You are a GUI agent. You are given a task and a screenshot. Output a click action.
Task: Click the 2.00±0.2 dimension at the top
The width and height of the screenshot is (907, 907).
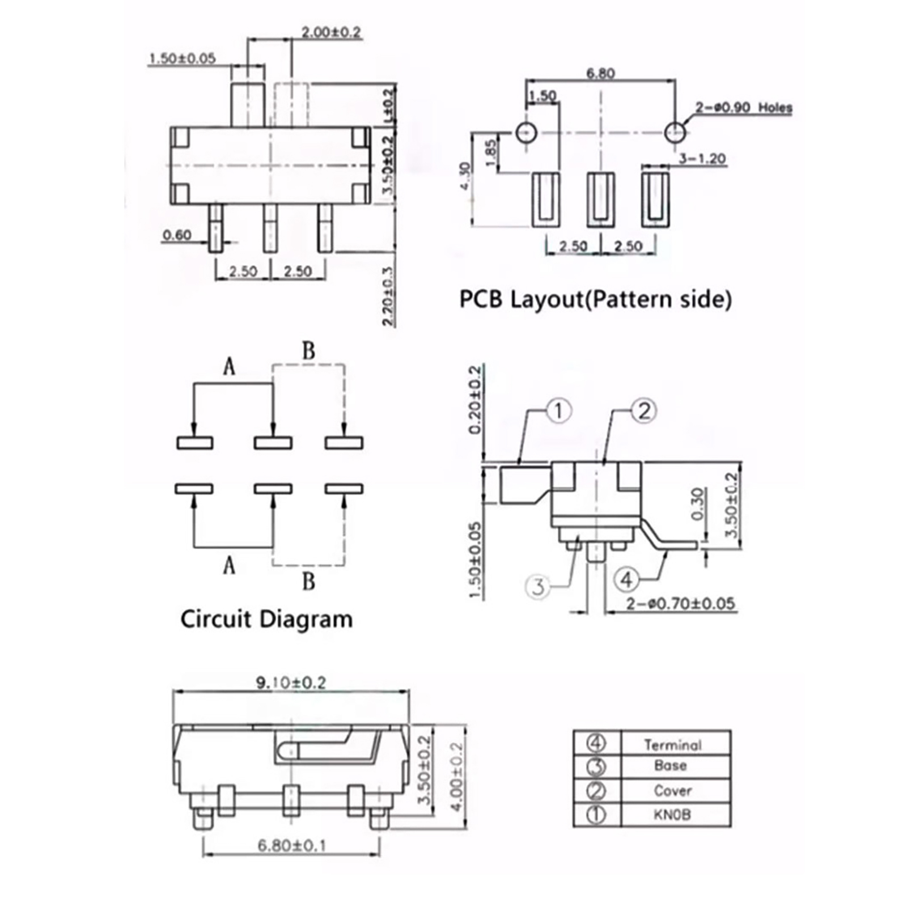click(x=330, y=32)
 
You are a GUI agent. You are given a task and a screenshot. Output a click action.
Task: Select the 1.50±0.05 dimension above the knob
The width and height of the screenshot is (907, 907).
click(x=182, y=58)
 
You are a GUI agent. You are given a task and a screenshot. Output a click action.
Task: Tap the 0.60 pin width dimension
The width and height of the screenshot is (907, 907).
click(x=177, y=235)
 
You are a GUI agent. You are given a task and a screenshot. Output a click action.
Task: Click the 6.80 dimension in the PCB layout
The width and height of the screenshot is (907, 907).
click(x=600, y=73)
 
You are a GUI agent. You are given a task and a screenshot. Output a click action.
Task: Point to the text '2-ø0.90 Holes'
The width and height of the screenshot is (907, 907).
click(x=744, y=107)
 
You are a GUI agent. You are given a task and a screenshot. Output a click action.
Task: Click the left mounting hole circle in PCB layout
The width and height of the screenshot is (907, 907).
click(x=526, y=133)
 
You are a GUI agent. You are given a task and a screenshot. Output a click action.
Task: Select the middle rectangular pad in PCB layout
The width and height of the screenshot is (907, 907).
click(x=600, y=200)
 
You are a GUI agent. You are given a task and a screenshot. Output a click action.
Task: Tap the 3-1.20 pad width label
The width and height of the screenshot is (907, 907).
click(x=702, y=158)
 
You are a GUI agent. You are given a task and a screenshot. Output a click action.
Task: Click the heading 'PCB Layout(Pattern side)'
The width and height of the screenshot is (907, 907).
click(x=595, y=299)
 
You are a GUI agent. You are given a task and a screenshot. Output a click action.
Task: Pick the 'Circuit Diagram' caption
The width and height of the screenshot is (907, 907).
click(x=266, y=618)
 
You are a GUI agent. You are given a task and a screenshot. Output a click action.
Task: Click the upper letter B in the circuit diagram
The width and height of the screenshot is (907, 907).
click(x=308, y=351)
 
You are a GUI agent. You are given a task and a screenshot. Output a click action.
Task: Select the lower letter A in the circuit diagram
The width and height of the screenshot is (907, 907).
click(x=228, y=565)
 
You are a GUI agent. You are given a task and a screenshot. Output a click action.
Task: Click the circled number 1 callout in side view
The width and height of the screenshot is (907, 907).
click(x=558, y=410)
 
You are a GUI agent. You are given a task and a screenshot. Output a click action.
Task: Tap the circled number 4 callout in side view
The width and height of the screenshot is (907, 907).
click(x=626, y=579)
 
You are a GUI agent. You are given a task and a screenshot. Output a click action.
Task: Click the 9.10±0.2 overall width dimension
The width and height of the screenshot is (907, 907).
click(x=291, y=683)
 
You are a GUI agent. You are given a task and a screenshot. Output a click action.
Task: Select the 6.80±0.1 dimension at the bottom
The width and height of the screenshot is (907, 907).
click(x=291, y=846)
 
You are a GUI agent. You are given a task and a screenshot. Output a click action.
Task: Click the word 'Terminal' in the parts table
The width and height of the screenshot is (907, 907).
click(x=672, y=745)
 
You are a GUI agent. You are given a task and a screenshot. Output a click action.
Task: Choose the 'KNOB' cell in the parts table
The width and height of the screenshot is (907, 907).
click(x=672, y=815)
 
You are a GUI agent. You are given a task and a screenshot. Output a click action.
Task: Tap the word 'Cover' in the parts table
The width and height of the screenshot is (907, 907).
click(x=672, y=791)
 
